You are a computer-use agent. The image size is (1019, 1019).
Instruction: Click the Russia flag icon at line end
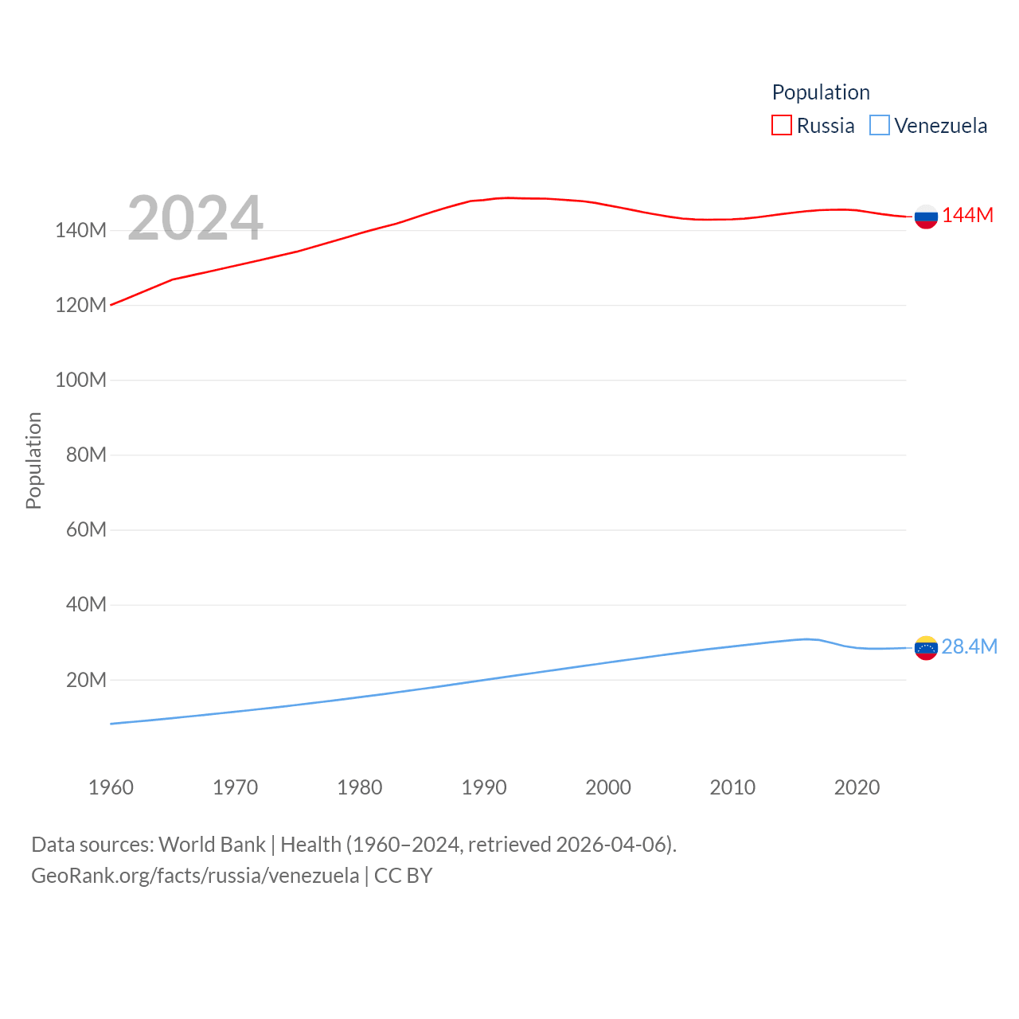point(926,217)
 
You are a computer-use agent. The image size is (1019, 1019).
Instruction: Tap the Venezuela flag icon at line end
point(926,648)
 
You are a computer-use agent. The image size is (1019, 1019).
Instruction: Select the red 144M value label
point(967,216)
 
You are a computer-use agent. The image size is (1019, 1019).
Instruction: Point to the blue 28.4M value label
point(969,646)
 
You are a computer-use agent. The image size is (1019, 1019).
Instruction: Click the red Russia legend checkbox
point(782,126)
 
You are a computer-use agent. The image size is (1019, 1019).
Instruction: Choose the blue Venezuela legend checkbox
point(879,126)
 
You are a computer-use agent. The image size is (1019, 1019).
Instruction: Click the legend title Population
point(820,92)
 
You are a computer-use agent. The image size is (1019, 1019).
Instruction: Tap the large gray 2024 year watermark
point(195,217)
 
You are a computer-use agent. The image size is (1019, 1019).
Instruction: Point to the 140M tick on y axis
point(80,231)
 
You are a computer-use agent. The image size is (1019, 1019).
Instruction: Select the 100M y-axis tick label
point(80,380)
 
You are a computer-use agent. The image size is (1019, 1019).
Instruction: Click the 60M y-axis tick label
point(86,529)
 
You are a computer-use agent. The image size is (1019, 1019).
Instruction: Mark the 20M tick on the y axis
point(86,680)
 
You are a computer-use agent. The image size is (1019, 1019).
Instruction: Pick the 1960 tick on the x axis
point(111,787)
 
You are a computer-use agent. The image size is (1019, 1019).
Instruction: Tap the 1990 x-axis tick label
point(484,787)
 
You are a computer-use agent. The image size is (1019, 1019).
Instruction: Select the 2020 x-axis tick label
point(857,787)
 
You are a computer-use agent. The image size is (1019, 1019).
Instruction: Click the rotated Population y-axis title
point(33,460)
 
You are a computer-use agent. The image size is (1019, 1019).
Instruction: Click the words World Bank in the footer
point(212,845)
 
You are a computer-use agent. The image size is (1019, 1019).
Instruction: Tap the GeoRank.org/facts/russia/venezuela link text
point(195,876)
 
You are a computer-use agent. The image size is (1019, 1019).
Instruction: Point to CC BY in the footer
point(403,876)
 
